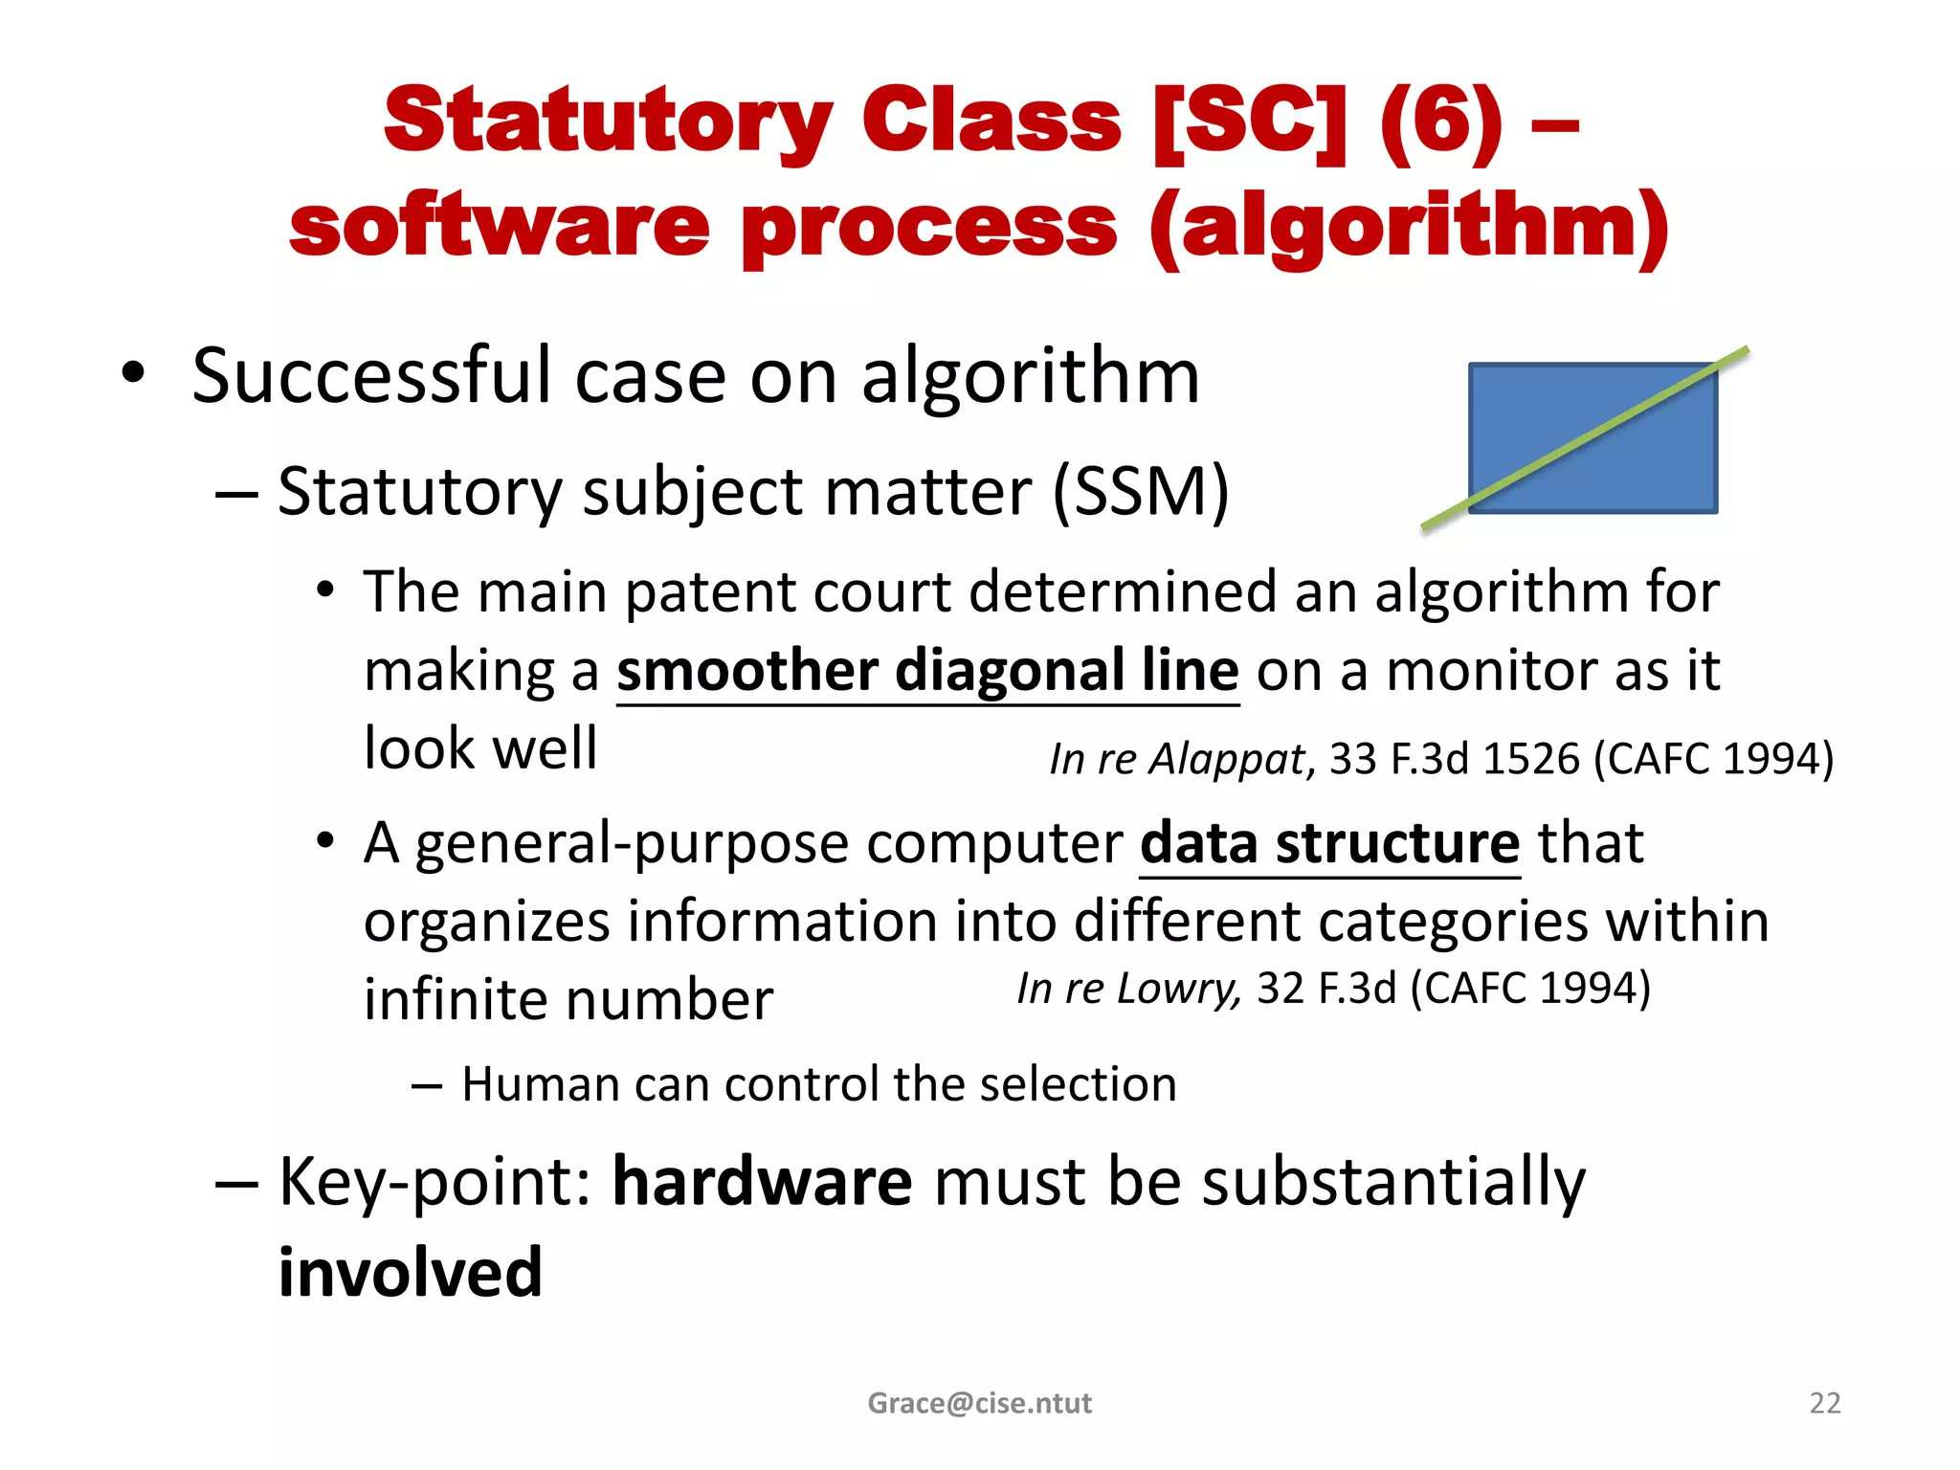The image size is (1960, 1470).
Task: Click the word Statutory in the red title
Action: click(608, 122)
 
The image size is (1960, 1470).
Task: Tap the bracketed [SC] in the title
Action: click(1250, 122)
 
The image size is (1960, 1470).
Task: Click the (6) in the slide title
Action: click(1441, 122)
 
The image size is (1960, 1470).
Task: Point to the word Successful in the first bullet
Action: click(371, 375)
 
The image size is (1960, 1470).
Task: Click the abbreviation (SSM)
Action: click(1141, 492)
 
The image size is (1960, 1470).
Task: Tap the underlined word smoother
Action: click(746, 670)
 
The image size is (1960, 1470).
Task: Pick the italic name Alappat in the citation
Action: click(1228, 759)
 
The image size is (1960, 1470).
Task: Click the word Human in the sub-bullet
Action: click(540, 1084)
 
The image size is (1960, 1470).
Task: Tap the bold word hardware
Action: click(762, 1181)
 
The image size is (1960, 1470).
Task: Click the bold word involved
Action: click(411, 1273)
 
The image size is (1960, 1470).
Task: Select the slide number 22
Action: click(1824, 1403)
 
